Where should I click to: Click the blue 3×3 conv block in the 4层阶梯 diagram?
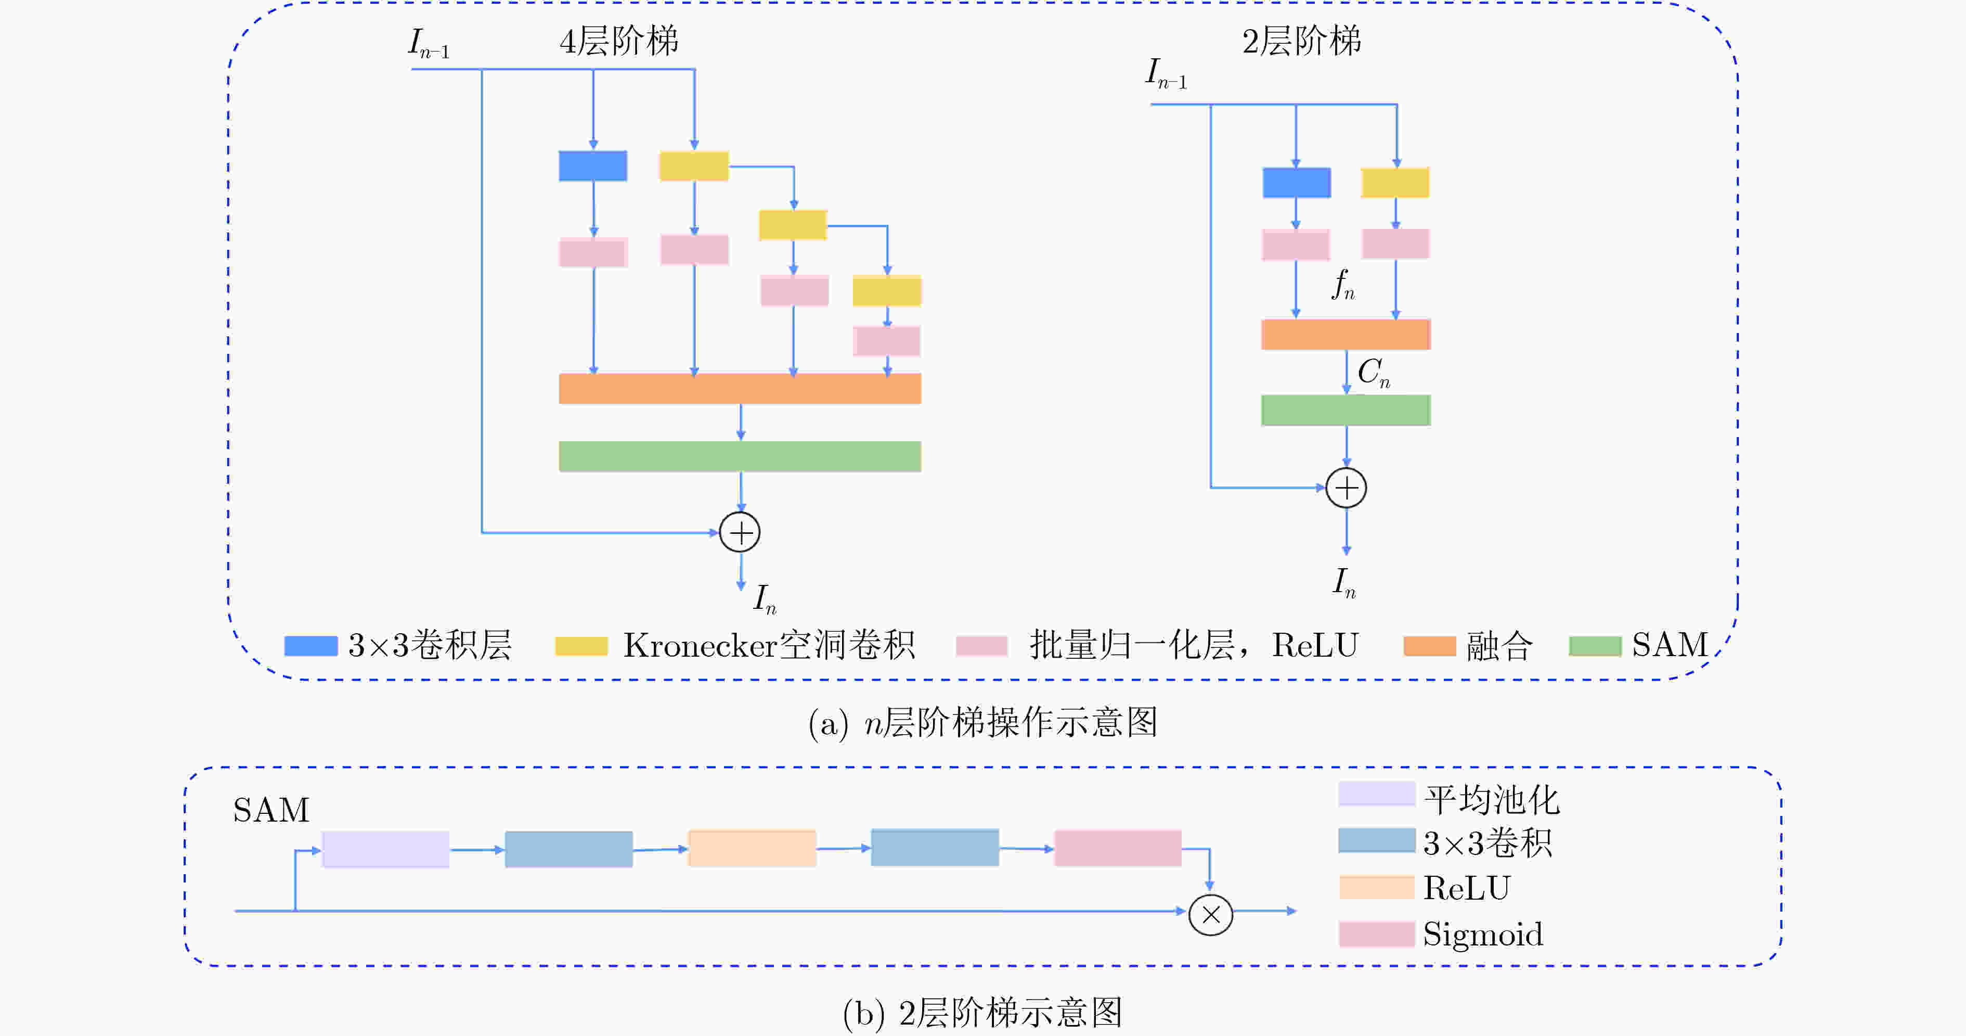(x=593, y=165)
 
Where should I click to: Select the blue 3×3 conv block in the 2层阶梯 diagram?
(x=1297, y=183)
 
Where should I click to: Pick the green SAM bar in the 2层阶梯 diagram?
(x=1346, y=410)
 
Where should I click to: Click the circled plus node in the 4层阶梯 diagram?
(x=740, y=532)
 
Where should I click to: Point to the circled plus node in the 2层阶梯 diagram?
(x=1346, y=488)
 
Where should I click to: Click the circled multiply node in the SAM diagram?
(x=1210, y=915)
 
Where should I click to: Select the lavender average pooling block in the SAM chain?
(x=385, y=849)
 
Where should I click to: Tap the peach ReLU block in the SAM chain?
(x=752, y=848)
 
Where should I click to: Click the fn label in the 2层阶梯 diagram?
(x=1344, y=285)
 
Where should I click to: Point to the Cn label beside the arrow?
(x=1374, y=373)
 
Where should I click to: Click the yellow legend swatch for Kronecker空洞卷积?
(x=581, y=646)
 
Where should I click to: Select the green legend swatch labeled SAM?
(x=1595, y=646)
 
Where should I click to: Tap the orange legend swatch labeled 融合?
(x=1429, y=646)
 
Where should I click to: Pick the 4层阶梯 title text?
(x=619, y=41)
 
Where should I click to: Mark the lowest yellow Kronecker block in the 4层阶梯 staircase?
(x=887, y=291)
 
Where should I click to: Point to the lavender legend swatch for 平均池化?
(x=1377, y=793)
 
